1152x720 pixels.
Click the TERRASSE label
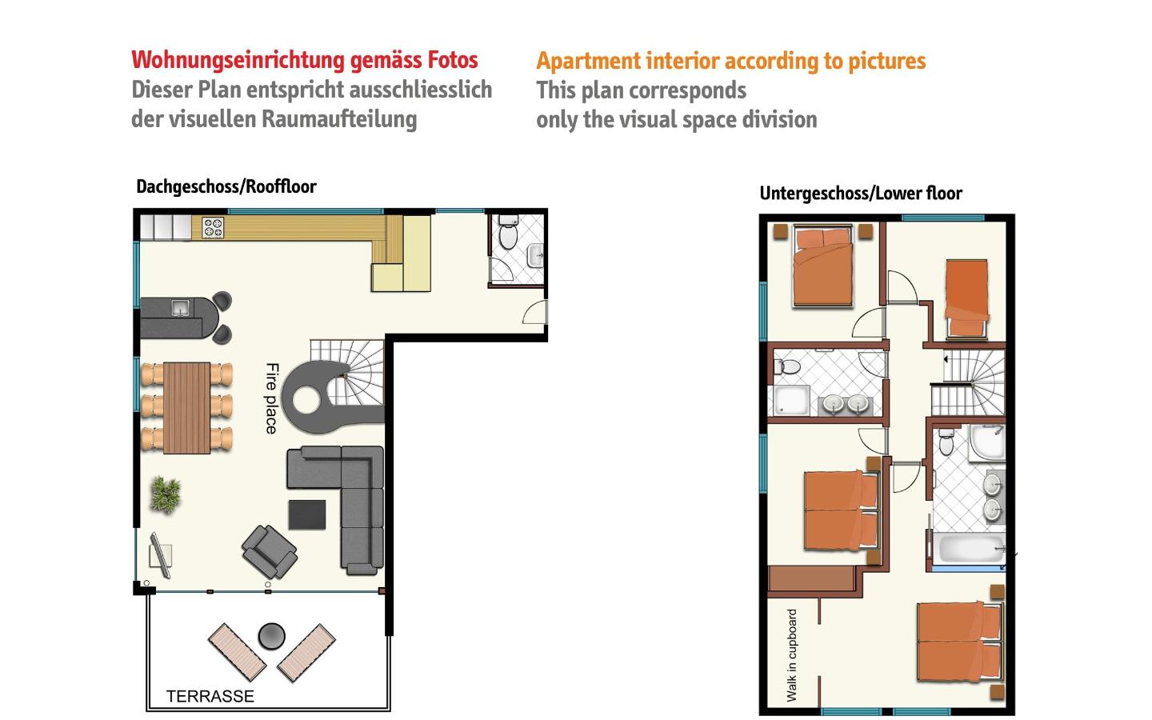[210, 696]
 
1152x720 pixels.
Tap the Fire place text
[272, 398]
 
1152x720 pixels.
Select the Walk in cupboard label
[791, 656]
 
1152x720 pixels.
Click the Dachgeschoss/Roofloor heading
[226, 186]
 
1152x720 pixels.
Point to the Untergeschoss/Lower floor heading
[861, 194]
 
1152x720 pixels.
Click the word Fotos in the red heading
[453, 60]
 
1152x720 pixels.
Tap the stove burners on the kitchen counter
[213, 228]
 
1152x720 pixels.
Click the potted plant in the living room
[166, 494]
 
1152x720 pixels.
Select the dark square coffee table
[307, 514]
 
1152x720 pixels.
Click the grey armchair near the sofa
[270, 552]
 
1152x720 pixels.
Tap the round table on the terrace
[271, 636]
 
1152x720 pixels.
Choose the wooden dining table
[186, 408]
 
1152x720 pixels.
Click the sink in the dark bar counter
[180, 307]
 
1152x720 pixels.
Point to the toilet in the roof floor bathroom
[509, 233]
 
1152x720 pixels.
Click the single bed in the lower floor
[967, 299]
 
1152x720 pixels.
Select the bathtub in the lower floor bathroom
[969, 550]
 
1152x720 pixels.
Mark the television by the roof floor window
[161, 555]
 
